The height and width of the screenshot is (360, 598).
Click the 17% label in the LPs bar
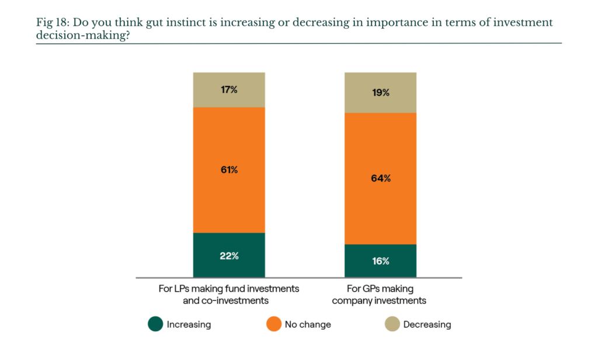(x=229, y=90)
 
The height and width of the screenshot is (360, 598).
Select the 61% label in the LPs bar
(x=229, y=170)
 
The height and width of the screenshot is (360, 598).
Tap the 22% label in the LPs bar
(x=229, y=256)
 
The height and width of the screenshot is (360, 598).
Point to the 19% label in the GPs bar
(x=381, y=93)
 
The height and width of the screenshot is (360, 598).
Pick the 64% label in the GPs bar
(x=381, y=178)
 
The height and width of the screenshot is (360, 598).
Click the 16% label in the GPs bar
(x=381, y=261)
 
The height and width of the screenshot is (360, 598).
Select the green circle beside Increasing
(x=155, y=324)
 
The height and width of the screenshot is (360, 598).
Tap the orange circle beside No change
(x=274, y=324)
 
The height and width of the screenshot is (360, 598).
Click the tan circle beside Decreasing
(x=392, y=324)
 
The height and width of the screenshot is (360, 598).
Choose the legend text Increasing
(x=189, y=324)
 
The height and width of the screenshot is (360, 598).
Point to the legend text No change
(x=308, y=324)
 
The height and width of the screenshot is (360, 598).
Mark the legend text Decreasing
(x=427, y=324)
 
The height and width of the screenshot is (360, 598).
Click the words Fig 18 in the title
(x=51, y=23)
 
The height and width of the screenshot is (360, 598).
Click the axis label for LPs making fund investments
(x=228, y=295)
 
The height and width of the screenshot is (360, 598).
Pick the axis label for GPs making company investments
(x=380, y=295)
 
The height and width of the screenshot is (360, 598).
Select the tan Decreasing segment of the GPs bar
(x=381, y=93)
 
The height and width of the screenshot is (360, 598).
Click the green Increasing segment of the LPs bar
(x=229, y=255)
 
